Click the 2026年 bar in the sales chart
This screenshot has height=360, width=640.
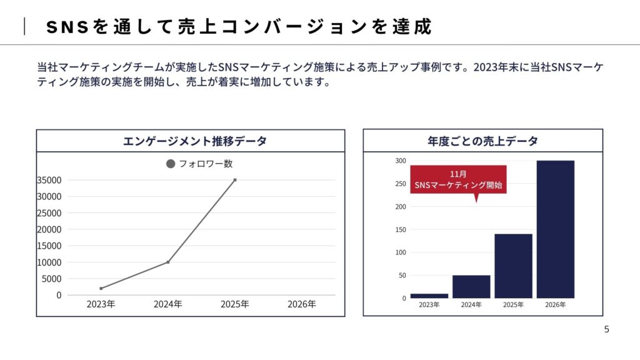click(555, 229)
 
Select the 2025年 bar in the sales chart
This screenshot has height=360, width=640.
click(513, 266)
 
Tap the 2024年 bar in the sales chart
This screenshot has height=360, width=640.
click(471, 286)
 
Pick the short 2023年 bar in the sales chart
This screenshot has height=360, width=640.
click(429, 296)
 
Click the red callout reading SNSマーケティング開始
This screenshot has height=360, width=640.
click(458, 180)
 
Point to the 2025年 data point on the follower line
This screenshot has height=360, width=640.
click(235, 180)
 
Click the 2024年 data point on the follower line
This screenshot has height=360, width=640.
click(168, 262)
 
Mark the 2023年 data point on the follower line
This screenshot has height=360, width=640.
click(101, 288)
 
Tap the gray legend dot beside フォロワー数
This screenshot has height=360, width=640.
click(171, 164)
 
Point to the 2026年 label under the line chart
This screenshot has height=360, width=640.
click(302, 304)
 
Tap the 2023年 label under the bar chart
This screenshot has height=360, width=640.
click(429, 305)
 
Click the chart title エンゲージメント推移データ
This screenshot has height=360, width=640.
click(191, 141)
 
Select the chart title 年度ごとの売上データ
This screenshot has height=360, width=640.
click(482, 141)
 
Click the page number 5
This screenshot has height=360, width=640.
click(606, 329)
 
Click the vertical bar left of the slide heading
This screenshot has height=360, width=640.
click(25, 27)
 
